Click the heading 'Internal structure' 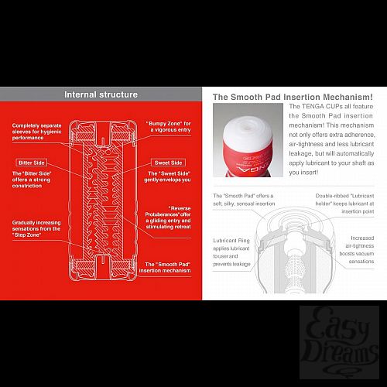(x=101, y=94)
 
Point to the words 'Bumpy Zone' (x=163, y=122)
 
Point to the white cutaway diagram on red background (x=101, y=201)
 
